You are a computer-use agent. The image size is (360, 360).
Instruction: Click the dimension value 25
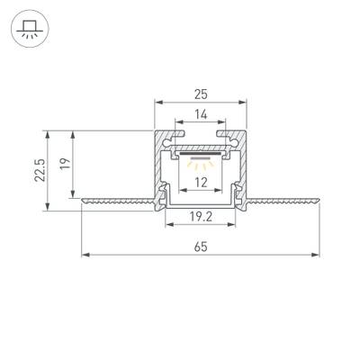(x=202, y=92)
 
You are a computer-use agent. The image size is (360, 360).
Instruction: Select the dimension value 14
(x=202, y=115)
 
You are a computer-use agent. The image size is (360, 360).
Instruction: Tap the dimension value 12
(x=202, y=183)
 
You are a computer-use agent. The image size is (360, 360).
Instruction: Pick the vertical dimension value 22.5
(x=32, y=170)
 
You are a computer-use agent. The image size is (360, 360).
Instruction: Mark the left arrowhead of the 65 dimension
(x=85, y=256)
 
